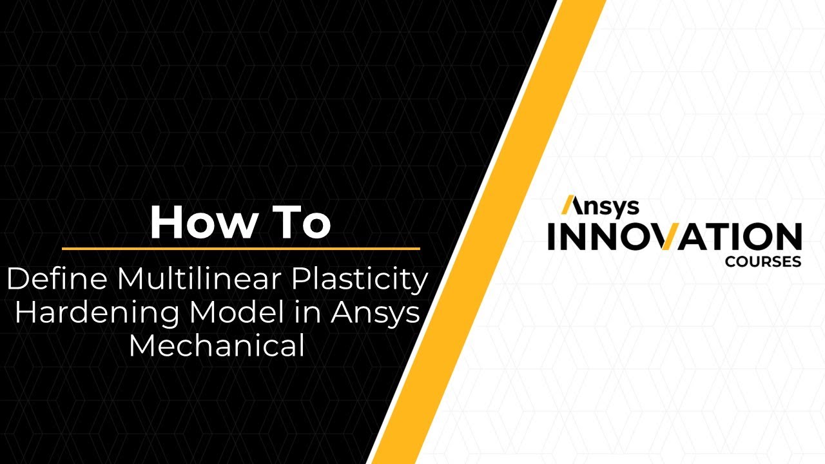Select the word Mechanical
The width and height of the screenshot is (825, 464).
point(217,345)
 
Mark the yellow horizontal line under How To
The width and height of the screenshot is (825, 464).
point(240,248)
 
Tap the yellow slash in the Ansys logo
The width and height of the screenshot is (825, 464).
point(569,205)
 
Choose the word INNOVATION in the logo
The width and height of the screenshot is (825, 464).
point(674,237)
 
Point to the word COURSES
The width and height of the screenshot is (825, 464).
point(762,262)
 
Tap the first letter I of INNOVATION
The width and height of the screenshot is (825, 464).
point(552,237)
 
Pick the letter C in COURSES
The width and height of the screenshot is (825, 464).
point(729,262)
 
